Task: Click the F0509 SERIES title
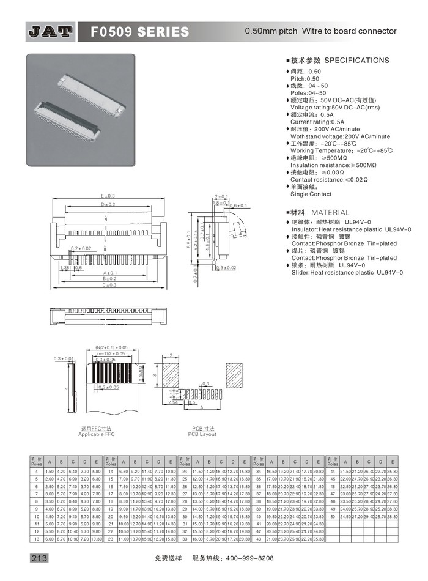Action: coord(139,31)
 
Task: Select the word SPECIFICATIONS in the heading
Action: coord(356,61)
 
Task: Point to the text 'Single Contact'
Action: coord(311,194)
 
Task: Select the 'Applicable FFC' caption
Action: coord(97,434)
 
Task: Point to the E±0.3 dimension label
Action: coord(108,196)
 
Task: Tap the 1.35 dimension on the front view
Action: coord(64,267)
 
